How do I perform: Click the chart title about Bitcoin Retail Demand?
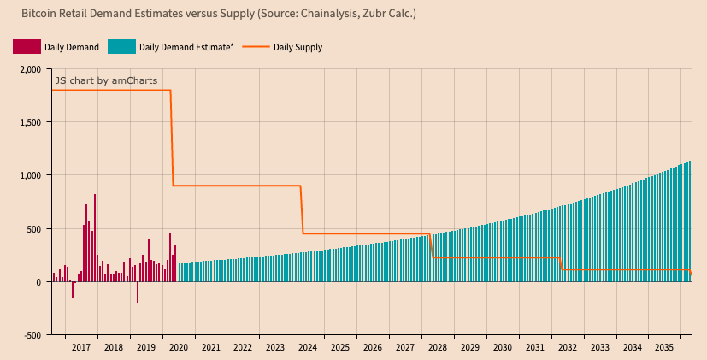218,15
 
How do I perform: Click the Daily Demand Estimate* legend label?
186,47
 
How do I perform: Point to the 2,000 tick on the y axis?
29,69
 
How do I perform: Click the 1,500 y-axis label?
29,122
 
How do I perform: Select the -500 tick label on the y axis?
31,335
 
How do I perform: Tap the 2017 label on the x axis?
81,348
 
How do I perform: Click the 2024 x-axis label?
308,348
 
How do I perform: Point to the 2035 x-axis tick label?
663,348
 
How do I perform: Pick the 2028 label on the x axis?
437,348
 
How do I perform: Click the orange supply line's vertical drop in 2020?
172,137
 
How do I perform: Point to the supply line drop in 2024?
302,210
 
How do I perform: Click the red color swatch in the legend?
27,47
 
